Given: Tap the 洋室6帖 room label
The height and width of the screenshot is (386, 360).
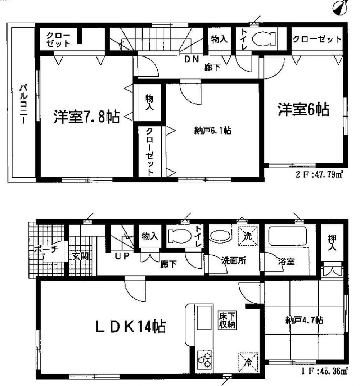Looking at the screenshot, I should pos(303,109).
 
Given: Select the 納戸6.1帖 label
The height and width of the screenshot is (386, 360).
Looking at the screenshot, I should pos(212,131).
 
